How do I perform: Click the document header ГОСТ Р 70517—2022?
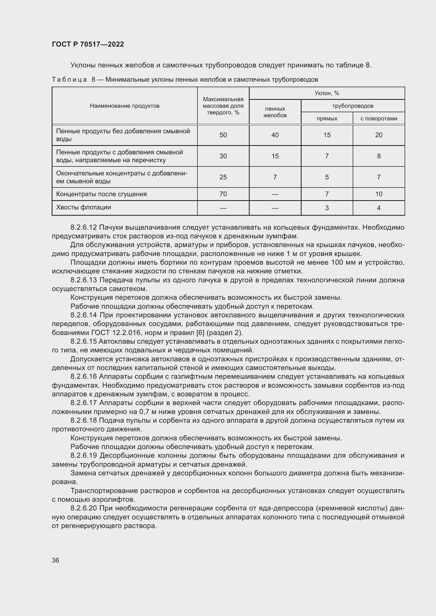coord(88,44)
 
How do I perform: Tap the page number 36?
coord(56,560)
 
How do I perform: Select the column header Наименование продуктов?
coord(125,106)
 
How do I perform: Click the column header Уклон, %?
coord(327,93)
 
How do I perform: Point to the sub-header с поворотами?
coord(379,118)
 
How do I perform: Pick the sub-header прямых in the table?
coord(327,118)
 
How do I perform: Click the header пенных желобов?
coord(275,112)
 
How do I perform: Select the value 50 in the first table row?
coord(223,135)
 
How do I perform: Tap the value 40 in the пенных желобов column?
coord(275,135)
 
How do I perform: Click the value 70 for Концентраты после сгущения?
coord(223,194)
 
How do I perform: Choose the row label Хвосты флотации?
coord(84,207)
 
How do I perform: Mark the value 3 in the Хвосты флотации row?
coord(327,208)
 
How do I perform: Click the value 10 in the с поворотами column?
coord(379,194)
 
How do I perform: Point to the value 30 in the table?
coord(223,156)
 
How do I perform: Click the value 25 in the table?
coord(223,177)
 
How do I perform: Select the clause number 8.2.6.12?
coord(84,228)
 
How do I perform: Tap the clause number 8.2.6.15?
coord(84,341)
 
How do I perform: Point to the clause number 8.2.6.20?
coord(84,508)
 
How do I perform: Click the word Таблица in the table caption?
coord(69,80)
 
